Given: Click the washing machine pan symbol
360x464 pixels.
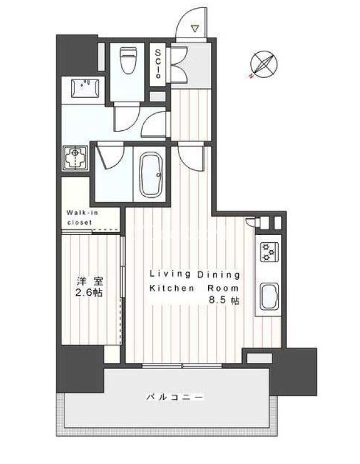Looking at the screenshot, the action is (75, 159).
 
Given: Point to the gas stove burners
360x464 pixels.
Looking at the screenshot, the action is (270, 252).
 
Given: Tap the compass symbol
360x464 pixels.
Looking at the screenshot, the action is (263, 64).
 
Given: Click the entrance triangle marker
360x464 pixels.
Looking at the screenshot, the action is (195, 28).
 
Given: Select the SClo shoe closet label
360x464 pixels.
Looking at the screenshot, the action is (158, 63).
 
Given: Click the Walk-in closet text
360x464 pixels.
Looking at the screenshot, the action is (82, 217).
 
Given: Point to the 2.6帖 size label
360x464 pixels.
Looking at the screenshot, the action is (89, 293).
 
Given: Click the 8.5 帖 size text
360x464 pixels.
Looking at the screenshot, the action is (224, 300).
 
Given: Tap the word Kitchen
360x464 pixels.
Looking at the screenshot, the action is (172, 288).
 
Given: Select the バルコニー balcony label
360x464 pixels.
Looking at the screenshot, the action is (175, 397).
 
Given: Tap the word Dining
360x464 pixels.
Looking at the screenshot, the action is (218, 275).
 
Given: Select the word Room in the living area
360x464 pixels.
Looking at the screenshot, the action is (223, 288).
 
